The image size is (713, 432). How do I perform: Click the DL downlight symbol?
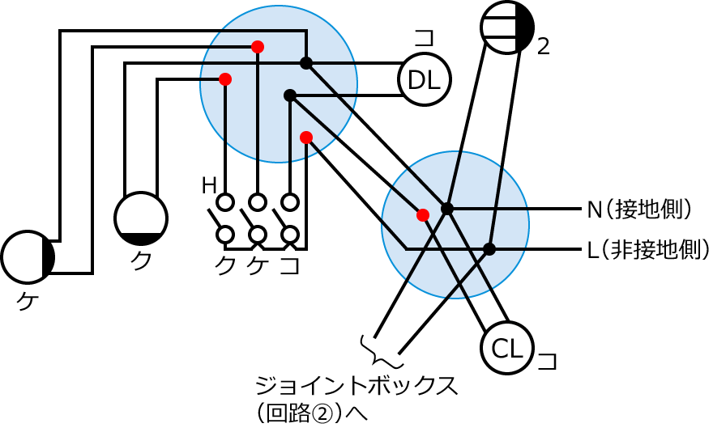424,79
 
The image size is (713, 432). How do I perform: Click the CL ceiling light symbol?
507,349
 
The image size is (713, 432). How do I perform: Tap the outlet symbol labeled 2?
507,28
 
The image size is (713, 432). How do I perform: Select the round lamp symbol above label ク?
141,218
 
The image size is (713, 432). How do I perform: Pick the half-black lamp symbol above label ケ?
28,256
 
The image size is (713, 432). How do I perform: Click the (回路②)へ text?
311,413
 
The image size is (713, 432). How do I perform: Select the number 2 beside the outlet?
544,47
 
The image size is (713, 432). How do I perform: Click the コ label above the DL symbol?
424,39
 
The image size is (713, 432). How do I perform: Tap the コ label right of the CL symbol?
548,360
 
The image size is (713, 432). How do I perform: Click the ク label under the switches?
225,265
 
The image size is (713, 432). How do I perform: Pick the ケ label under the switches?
257,265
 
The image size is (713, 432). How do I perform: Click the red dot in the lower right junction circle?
422,215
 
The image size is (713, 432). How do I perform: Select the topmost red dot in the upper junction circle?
258,47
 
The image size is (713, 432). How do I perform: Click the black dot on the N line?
447,209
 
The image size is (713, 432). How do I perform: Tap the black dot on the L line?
489,248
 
